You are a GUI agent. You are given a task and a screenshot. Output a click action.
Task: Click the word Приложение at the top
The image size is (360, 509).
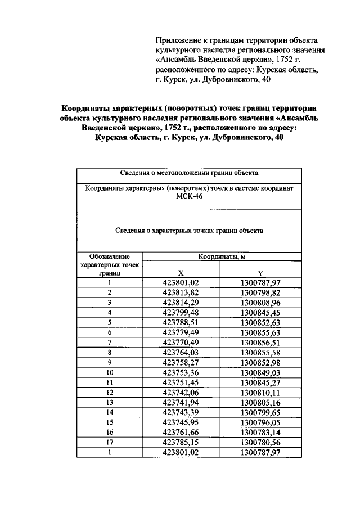177,40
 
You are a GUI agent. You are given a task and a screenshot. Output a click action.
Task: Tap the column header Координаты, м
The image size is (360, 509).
222,256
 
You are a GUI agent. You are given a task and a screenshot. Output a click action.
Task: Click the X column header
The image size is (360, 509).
181,272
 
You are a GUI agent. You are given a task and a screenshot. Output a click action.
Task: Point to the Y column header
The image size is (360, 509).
260,272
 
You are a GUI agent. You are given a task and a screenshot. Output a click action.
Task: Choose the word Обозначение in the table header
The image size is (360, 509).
110,256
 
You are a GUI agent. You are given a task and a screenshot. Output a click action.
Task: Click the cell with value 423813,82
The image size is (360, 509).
181,292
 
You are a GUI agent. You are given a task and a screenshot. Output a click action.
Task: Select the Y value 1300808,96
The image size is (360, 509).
260,302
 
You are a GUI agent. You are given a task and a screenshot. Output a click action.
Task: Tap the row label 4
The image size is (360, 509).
110,312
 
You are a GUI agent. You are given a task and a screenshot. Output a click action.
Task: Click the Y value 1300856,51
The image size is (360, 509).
260,342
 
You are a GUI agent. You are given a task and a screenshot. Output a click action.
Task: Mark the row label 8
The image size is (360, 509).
110,352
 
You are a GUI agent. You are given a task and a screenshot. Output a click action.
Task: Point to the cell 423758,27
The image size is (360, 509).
181,362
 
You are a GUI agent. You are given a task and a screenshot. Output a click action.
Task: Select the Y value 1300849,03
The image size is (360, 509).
260,372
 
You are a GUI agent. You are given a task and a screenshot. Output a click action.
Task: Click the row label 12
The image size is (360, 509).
110,392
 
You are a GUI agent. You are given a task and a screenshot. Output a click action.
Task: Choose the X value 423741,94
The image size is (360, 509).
181,402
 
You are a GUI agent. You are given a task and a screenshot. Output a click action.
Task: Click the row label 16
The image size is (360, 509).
110,431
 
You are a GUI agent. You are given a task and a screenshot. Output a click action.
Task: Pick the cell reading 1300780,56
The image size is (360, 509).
260,442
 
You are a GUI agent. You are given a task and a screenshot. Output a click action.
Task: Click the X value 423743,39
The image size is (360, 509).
181,412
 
